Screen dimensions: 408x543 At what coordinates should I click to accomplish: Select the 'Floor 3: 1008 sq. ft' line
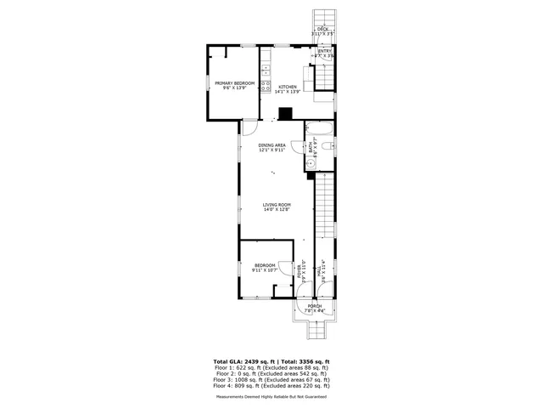pos(271,378)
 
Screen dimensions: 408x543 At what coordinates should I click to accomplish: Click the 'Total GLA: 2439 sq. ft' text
pos(242,360)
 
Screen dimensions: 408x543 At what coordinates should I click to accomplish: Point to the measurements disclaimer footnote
pos(271,396)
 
